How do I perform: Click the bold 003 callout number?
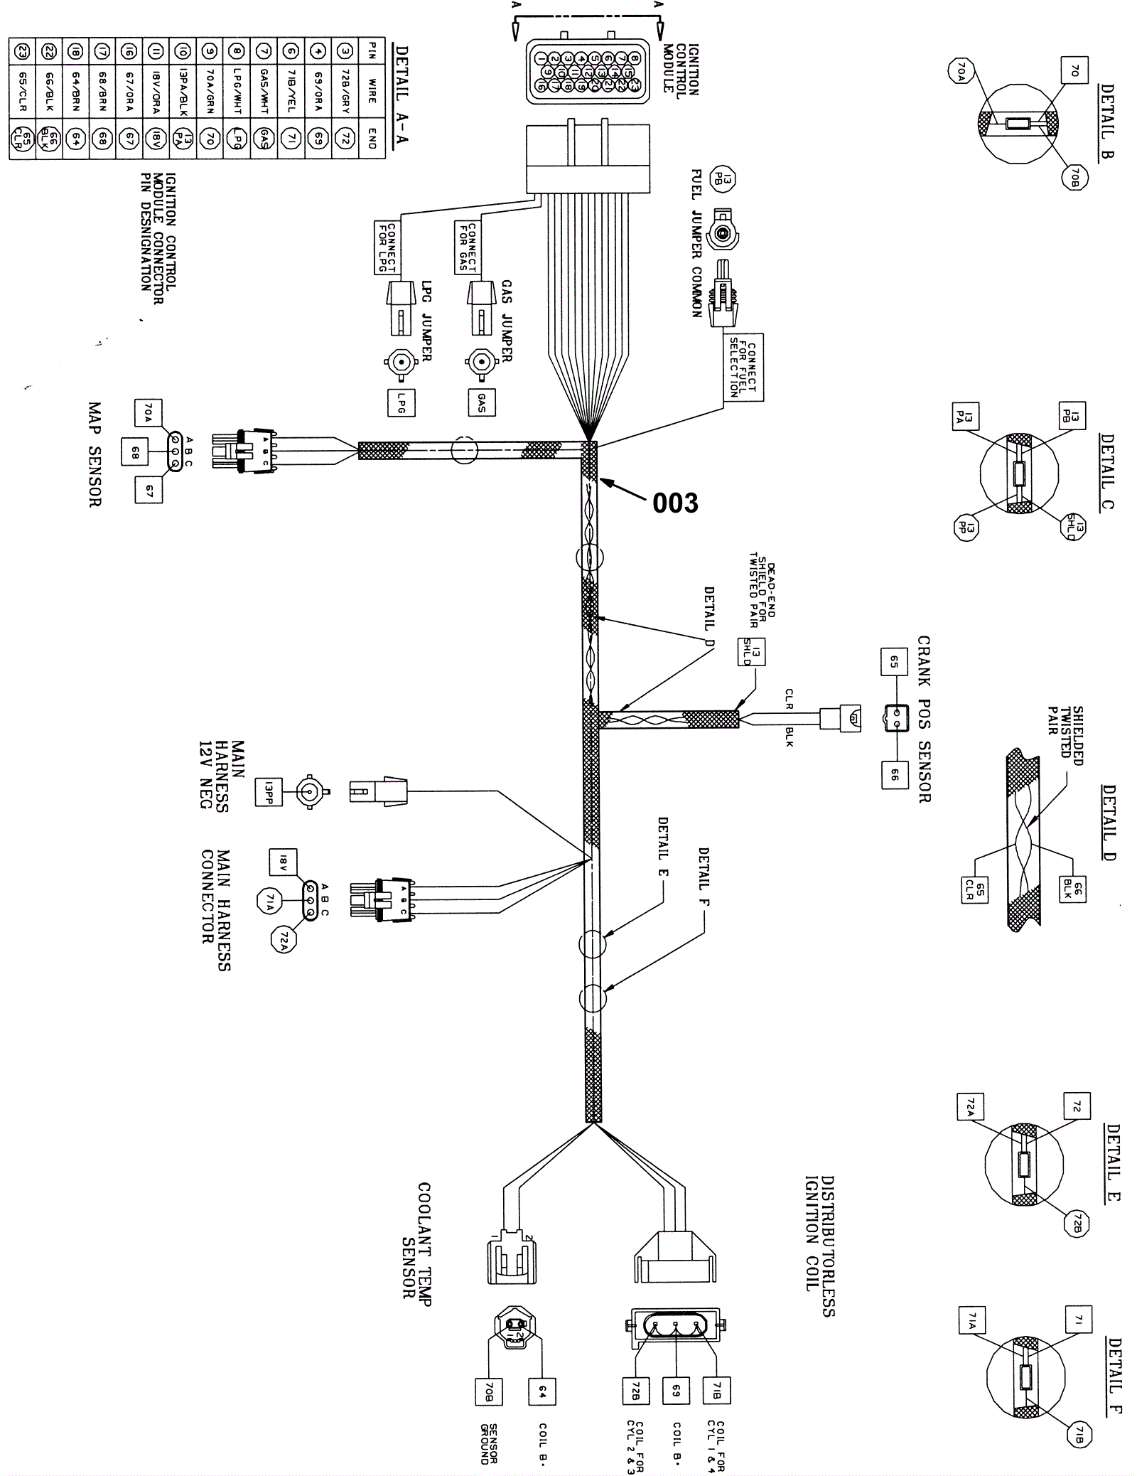click(x=675, y=503)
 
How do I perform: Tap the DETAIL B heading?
click(x=1106, y=121)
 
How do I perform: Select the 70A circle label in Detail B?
click(x=960, y=71)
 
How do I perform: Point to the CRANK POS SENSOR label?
click(x=924, y=719)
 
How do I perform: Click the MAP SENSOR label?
click(x=95, y=455)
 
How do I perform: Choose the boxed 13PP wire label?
click(x=269, y=791)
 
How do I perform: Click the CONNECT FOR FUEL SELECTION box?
click(x=743, y=368)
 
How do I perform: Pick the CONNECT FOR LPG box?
click(x=387, y=247)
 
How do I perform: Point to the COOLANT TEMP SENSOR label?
click(x=417, y=1240)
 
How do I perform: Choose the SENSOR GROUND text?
click(x=488, y=1443)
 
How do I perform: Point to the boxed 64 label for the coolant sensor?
click(x=542, y=1390)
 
